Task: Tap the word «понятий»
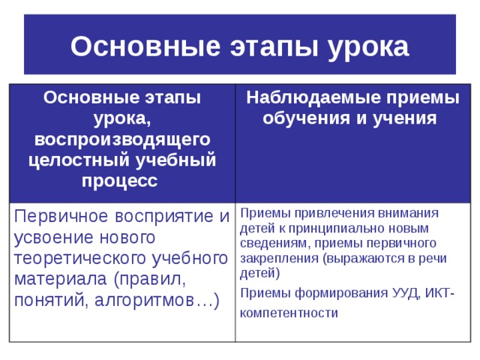click(x=48, y=300)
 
